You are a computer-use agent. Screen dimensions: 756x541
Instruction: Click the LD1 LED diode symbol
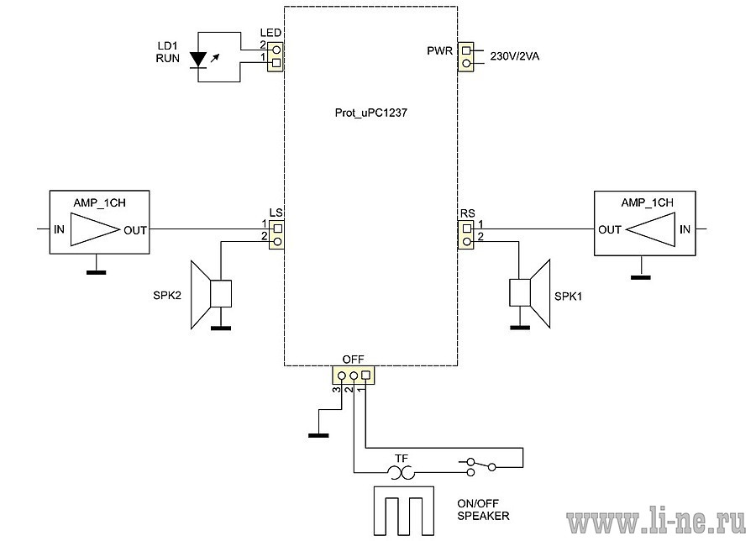[198, 60]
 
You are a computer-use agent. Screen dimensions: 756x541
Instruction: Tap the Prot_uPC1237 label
[370, 113]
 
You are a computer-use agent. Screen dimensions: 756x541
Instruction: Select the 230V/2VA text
[514, 56]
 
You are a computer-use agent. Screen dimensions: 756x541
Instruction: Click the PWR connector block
[465, 57]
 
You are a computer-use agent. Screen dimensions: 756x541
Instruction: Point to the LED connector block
[276, 56]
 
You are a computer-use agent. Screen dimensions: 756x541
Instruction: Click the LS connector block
[276, 234]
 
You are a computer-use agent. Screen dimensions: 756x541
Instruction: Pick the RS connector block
[466, 234]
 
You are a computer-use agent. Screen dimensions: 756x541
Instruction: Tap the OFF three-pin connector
[354, 376]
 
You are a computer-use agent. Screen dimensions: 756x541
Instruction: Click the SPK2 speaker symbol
[211, 294]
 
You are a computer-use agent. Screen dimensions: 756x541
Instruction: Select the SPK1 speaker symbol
[530, 293]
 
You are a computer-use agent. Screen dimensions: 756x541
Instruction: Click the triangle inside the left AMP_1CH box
[95, 230]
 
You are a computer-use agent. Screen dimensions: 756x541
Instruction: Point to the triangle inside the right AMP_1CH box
[650, 229]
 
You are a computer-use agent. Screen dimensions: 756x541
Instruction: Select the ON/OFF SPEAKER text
[483, 510]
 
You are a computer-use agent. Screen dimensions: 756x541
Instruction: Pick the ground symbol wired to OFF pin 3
[318, 435]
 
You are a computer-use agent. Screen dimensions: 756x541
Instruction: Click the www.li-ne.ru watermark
[656, 521]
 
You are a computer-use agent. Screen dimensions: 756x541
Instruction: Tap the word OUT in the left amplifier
[135, 230]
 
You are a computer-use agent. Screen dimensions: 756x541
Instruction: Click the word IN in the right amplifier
[685, 229]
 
